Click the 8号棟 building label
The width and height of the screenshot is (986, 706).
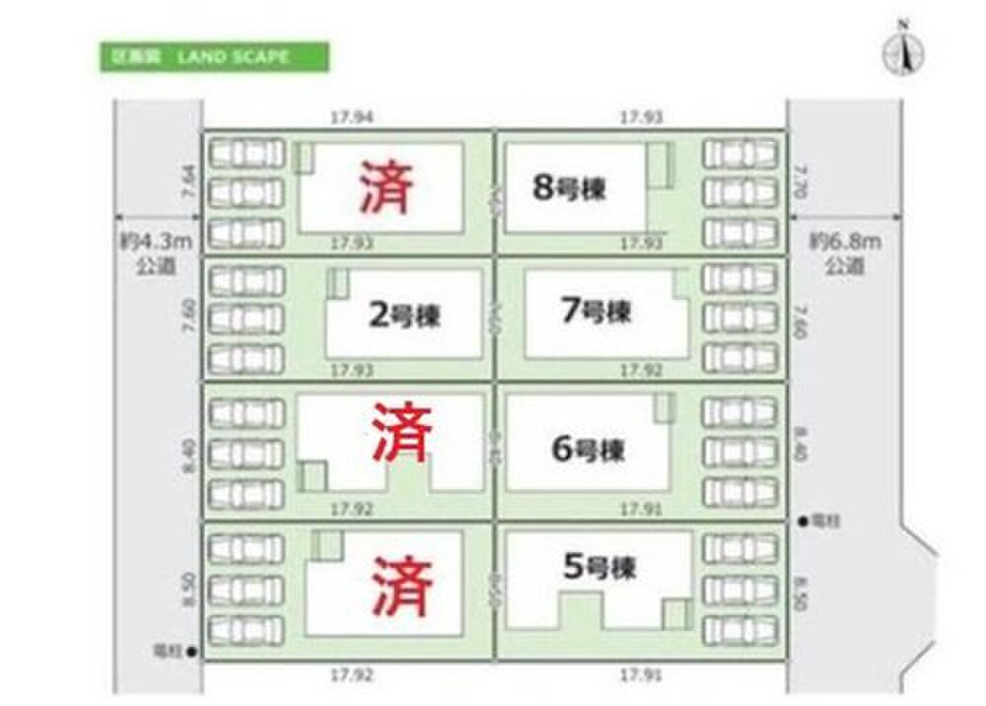tap(569, 188)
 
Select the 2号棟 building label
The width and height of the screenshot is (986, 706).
tap(404, 317)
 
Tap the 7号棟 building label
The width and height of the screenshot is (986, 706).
tap(595, 313)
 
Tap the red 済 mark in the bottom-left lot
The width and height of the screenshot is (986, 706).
tap(402, 584)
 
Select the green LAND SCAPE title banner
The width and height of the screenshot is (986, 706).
tap(214, 57)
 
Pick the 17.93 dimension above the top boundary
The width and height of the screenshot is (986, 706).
tap(641, 117)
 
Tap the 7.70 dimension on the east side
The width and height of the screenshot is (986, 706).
tap(801, 185)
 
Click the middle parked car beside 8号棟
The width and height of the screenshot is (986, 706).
tap(739, 191)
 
